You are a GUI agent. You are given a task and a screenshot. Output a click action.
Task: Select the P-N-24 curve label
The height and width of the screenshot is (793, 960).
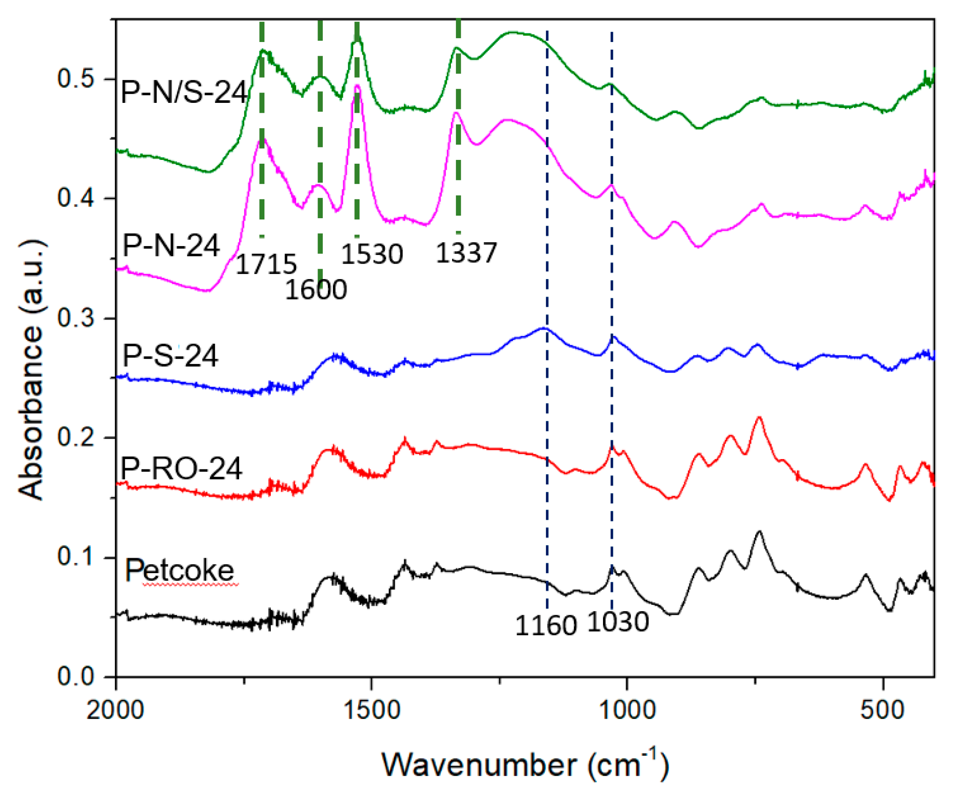tap(171, 246)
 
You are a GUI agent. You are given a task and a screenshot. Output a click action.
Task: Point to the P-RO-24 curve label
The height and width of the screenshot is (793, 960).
tap(181, 469)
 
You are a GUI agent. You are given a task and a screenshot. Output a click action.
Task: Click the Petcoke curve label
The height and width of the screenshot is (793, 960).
tap(180, 570)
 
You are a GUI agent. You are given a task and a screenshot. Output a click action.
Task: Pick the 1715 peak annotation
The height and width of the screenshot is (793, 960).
tap(266, 264)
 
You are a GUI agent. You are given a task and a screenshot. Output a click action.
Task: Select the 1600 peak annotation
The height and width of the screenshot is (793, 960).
tap(315, 290)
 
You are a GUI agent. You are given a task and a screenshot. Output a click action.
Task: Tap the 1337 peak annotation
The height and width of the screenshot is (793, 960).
tap(466, 253)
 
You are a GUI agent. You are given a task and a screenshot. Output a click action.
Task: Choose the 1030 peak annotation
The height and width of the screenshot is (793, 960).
tap(618, 622)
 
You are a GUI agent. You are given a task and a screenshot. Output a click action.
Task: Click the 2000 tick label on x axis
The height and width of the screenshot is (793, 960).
tap(115, 710)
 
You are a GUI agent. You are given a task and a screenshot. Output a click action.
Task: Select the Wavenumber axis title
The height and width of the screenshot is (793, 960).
tap(525, 765)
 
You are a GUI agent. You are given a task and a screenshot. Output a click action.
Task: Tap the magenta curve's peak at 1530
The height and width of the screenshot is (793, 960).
tap(357, 85)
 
